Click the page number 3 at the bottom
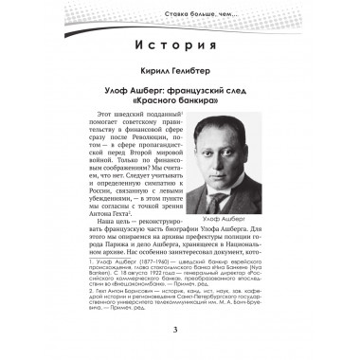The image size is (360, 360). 179,329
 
